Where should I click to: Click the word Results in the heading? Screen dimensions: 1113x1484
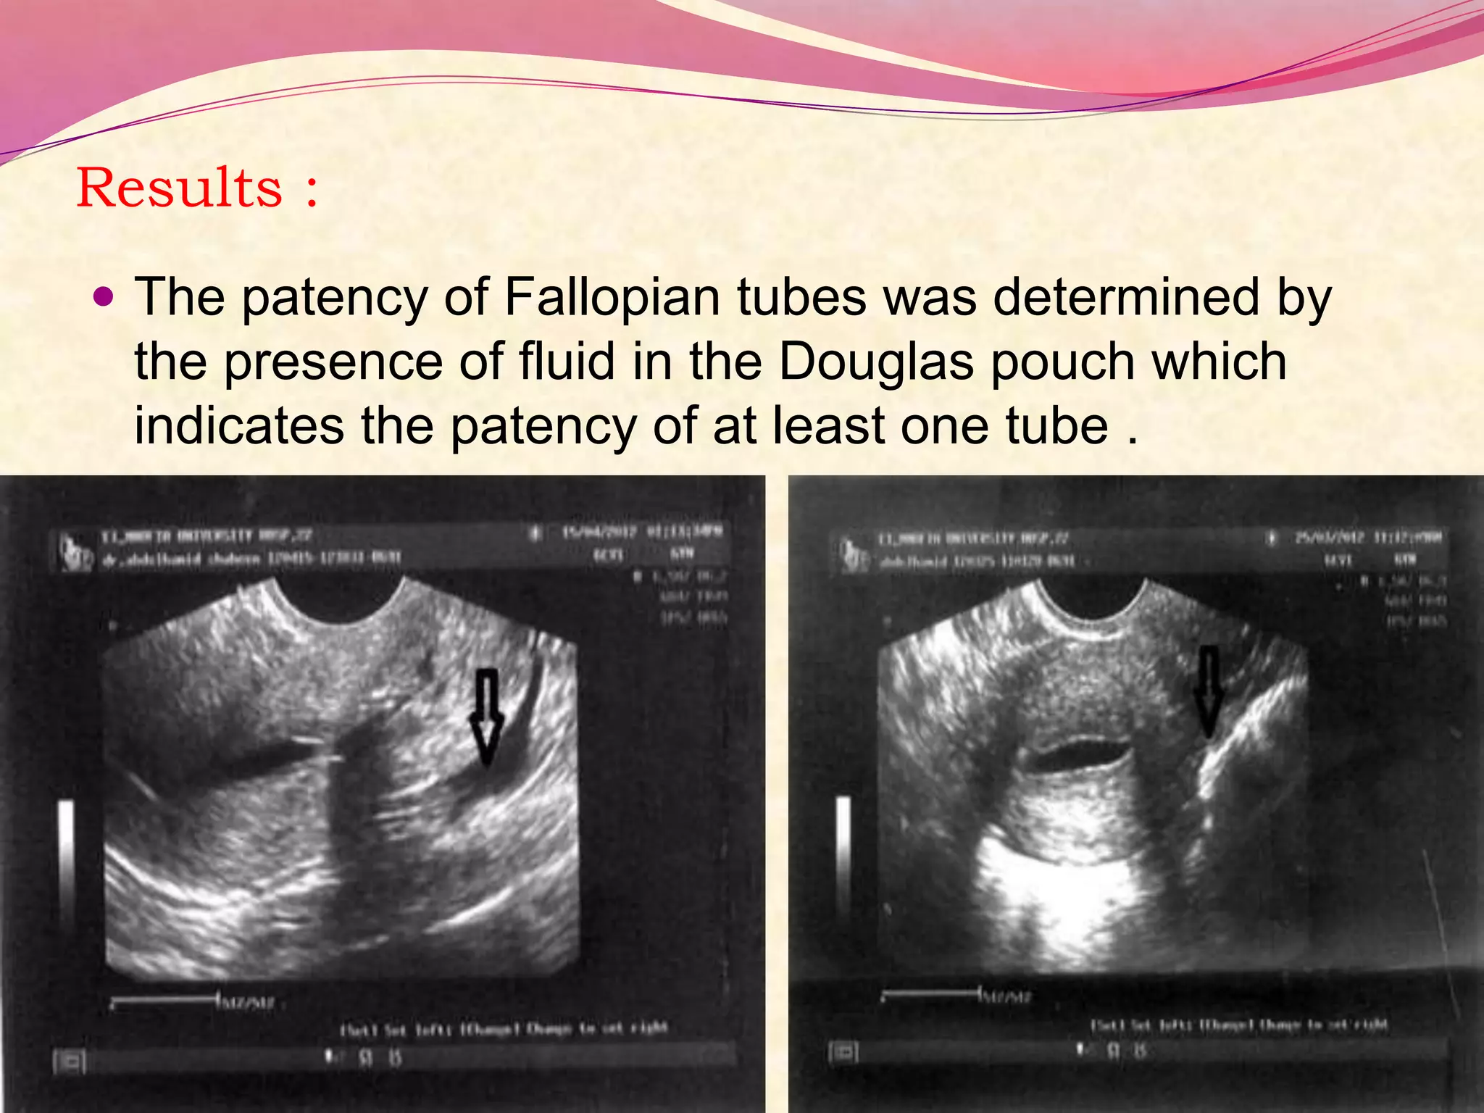[x=179, y=188]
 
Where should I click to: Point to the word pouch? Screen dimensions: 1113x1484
[x=1062, y=362]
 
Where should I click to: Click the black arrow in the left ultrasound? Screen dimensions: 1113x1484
[x=486, y=717]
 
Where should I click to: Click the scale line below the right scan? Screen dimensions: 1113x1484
[x=931, y=993]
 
